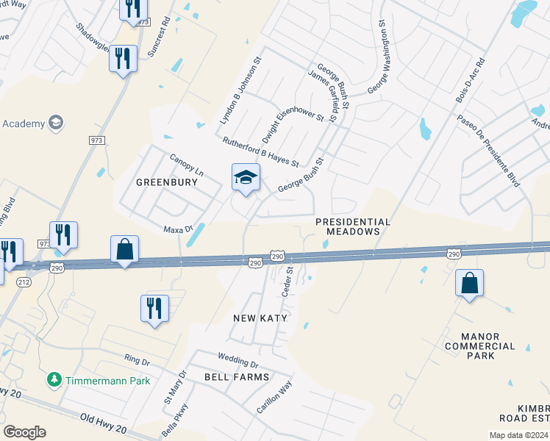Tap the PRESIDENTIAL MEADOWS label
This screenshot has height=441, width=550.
pyautogui.click(x=352, y=226)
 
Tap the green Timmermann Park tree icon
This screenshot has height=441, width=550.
pyautogui.click(x=54, y=380)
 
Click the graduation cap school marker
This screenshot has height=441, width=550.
pyautogui.click(x=246, y=177)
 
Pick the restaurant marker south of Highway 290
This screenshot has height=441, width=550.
pyautogui.click(x=154, y=308)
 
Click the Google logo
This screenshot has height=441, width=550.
pyautogui.click(x=24, y=432)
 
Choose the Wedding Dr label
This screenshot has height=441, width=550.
pyautogui.click(x=238, y=360)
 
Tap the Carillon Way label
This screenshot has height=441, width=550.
pyautogui.click(x=274, y=399)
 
